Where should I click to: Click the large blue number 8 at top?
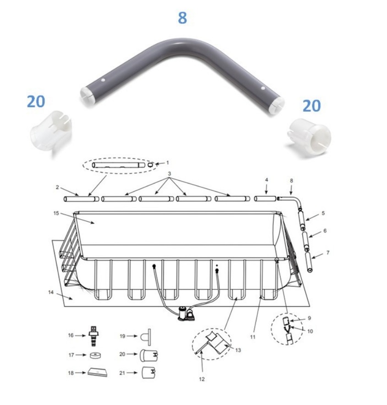tap(182, 18)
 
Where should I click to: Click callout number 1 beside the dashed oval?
tap(168, 162)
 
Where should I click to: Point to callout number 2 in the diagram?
tap(57, 187)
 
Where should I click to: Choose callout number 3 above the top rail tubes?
tap(169, 174)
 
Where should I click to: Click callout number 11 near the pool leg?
tap(252, 337)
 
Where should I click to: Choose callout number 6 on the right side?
tap(325, 231)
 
